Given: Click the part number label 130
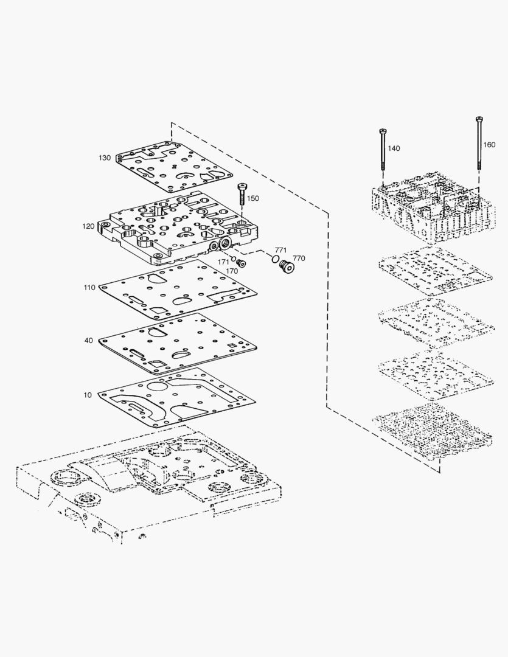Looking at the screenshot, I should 105,158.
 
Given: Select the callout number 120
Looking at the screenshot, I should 88,226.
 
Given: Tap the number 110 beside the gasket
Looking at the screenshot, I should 89,288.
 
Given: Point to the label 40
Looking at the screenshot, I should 89,341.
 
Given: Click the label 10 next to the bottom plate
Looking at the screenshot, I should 88,395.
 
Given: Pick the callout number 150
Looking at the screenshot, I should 252,198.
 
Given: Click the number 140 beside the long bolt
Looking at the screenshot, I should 394,148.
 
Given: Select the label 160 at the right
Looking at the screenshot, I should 489,145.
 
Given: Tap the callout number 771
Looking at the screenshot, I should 280,250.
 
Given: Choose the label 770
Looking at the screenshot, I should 298,259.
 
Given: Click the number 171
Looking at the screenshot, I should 224,262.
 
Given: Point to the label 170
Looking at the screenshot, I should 232,271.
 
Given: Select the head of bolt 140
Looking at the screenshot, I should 383,131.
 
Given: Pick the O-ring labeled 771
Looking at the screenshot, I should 276,260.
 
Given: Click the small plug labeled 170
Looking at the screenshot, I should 241,263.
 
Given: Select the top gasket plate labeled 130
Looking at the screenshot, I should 173,167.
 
